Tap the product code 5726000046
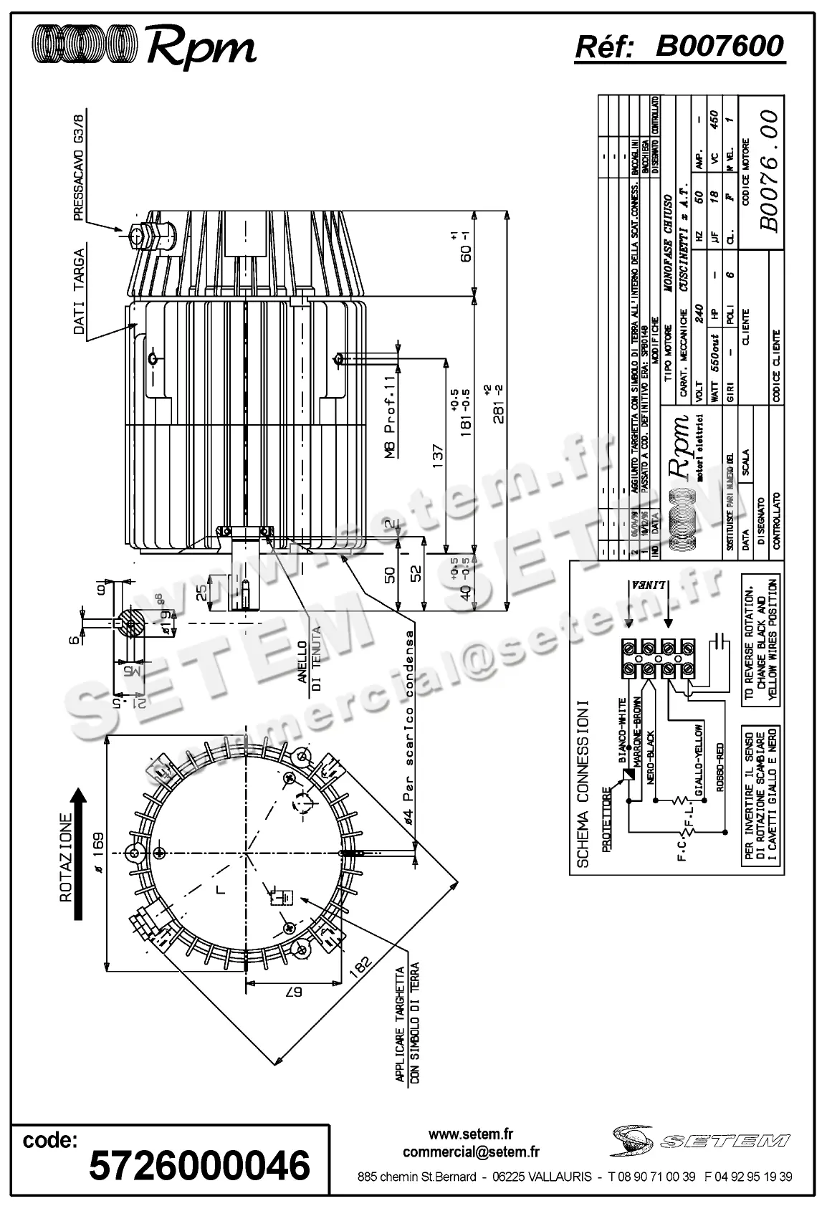pyautogui.click(x=199, y=1164)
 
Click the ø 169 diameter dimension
pyautogui.click(x=98, y=851)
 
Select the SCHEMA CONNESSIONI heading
pyautogui.click(x=583, y=783)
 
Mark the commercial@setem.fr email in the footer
pyautogui.click(x=471, y=1152)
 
